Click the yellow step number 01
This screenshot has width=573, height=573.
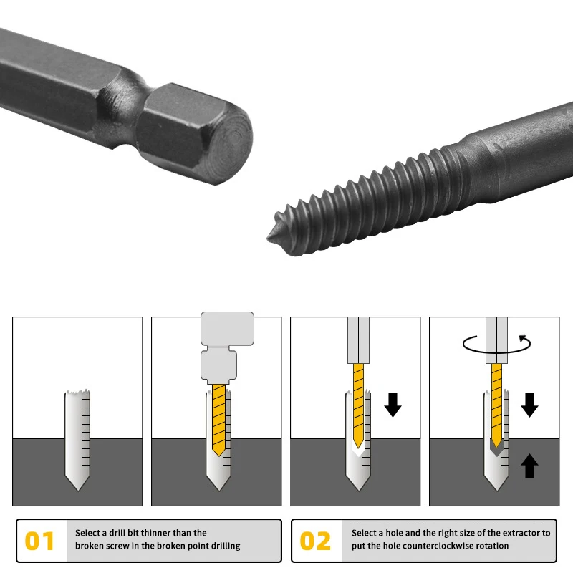coord(39,541)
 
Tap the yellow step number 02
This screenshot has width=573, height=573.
coord(315,541)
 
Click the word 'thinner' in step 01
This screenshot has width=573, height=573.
coord(155,533)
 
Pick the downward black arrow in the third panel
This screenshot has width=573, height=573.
coord(393,405)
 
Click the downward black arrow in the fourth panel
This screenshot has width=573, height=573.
coord(529,405)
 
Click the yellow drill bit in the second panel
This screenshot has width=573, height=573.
coord(218,420)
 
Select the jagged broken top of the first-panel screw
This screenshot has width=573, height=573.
coord(77,393)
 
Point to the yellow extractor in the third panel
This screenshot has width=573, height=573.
coord(359,405)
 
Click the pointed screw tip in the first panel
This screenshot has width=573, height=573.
coord(77,490)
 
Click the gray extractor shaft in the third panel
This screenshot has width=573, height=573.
coord(358,340)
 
